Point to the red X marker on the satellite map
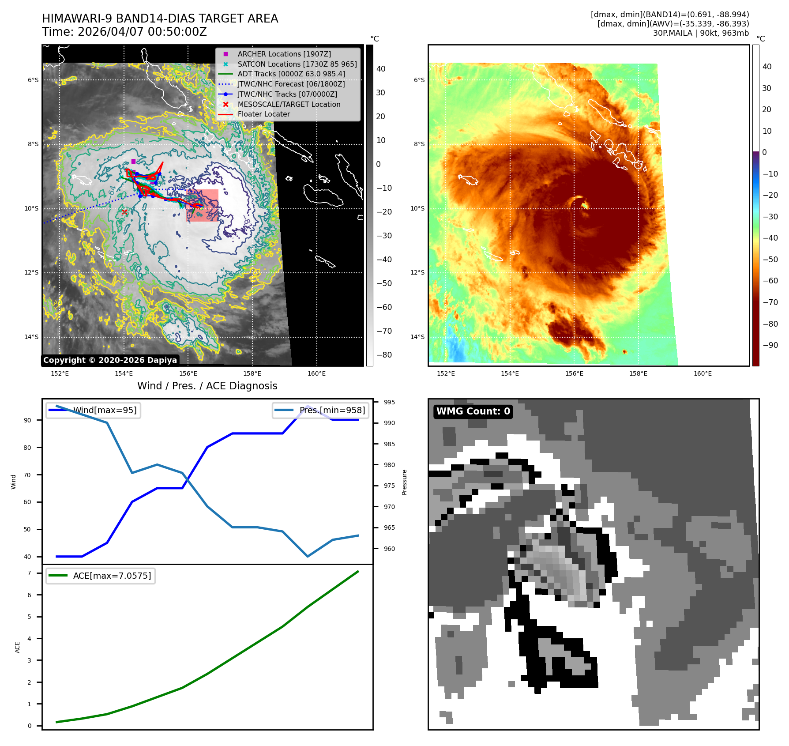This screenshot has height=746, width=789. tap(124, 212)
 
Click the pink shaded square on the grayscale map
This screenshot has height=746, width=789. tap(203, 205)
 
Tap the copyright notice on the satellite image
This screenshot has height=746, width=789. tap(110, 360)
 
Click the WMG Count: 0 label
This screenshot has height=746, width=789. tap(473, 411)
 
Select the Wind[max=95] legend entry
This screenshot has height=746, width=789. tap(93, 410)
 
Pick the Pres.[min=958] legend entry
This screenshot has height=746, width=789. tap(320, 410)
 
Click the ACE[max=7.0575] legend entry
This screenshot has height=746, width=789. tap(101, 576)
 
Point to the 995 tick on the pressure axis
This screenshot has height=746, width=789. tap(389, 402)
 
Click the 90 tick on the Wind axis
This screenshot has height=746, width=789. tap(28, 420)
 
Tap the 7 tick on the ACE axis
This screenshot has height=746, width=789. tap(30, 573)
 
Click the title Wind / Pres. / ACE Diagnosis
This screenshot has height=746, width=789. tap(207, 386)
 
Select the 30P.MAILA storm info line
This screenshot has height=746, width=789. tap(701, 33)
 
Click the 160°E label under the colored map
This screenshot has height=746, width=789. tap(703, 373)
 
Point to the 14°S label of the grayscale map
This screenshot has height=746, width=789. tap(31, 337)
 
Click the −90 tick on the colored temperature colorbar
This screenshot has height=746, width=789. tap(770, 345)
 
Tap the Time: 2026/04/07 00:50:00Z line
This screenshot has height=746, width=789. tap(124, 32)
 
